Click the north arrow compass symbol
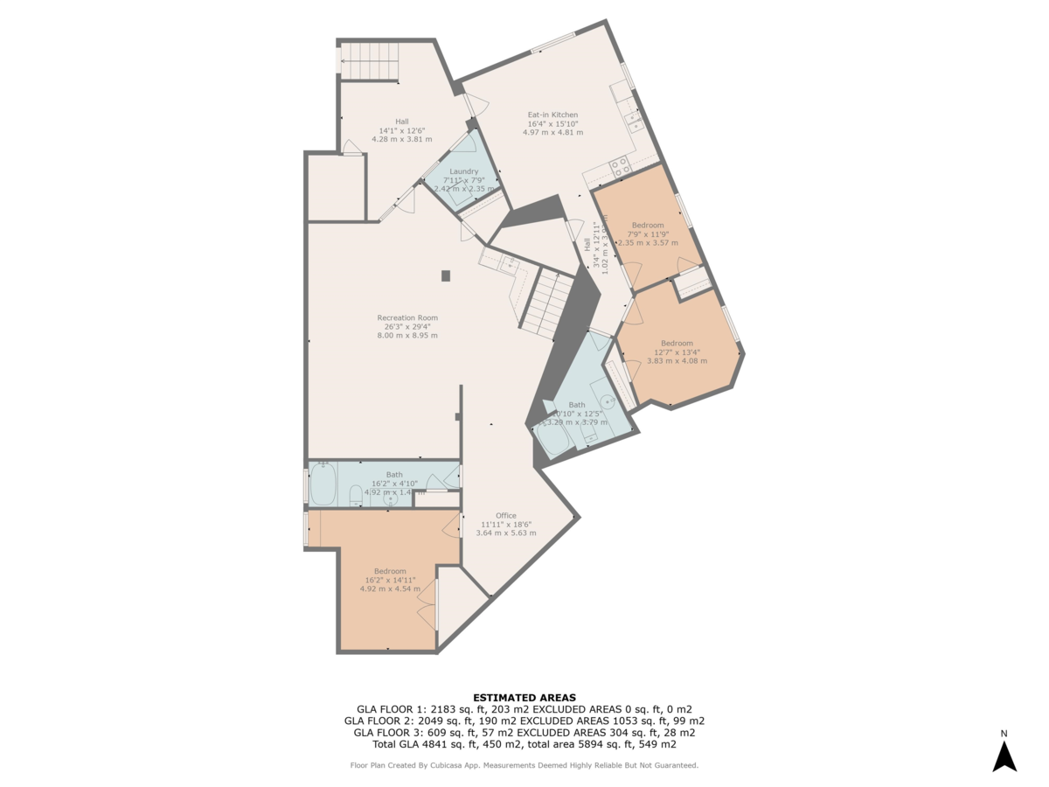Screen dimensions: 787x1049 pos(1004,756)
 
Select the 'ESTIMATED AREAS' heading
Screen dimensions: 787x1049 pos(524,697)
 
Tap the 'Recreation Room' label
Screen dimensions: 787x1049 pos(407,318)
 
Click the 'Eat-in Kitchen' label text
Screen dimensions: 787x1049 pos(552,115)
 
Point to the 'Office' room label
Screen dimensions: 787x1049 pos(505,516)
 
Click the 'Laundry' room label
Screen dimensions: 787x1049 pos(463,171)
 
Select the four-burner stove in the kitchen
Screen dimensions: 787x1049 pos(621,166)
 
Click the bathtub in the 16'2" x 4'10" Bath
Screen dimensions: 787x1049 pos(323,485)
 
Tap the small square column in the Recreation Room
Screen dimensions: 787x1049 pos(446,276)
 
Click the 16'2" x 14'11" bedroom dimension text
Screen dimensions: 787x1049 pos(390,580)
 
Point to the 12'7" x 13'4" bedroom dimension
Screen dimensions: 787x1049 pos(677,352)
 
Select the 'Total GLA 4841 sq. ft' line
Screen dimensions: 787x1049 pos(524,745)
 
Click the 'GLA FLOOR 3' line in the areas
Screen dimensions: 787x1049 pos(524,733)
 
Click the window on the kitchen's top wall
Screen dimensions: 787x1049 pos(552,42)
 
